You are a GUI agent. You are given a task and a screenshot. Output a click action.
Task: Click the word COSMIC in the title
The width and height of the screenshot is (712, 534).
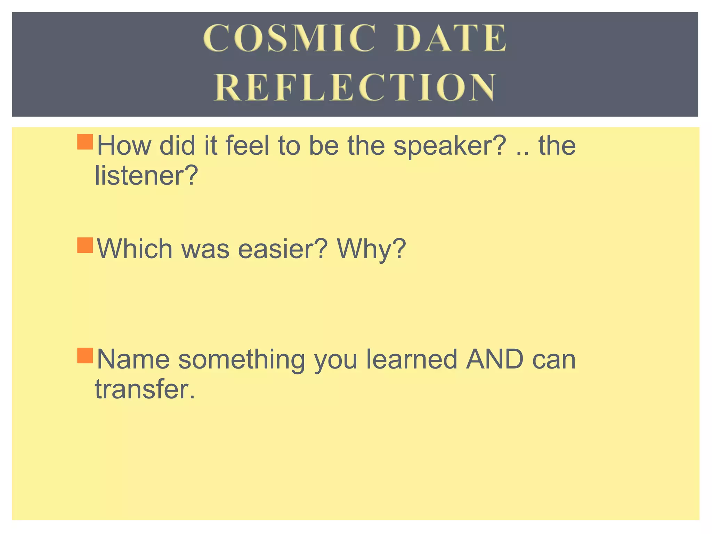tap(289, 38)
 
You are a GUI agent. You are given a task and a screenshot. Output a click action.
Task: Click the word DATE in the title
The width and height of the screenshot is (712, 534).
tap(451, 38)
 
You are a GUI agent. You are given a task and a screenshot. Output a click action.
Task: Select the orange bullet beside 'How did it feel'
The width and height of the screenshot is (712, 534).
tap(85, 142)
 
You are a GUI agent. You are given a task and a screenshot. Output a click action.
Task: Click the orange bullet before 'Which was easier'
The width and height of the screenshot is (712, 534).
tap(85, 245)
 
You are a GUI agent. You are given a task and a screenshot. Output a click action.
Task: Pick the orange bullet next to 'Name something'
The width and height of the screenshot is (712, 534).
tap(85, 355)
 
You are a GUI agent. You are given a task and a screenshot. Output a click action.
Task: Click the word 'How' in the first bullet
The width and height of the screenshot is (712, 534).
tap(124, 145)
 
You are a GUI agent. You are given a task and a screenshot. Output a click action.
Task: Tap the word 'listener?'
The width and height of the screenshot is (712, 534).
tap(146, 176)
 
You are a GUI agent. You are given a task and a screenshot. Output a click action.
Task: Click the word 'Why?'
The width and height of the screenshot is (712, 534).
tap(371, 250)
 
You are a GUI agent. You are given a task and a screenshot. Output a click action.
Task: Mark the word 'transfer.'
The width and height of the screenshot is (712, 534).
tap(145, 389)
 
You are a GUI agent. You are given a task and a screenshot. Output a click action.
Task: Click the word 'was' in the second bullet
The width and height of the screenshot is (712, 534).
tap(205, 250)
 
